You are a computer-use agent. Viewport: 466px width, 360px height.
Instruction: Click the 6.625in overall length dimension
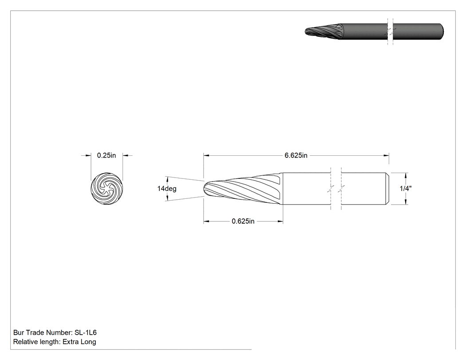(296, 155)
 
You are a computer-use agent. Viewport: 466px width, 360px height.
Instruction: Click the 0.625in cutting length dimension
(243, 221)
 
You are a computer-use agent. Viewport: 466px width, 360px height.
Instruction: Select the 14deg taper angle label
(167, 189)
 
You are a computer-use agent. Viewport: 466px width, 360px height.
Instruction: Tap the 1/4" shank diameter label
(406, 189)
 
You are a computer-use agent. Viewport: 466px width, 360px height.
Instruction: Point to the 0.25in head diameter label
(107, 155)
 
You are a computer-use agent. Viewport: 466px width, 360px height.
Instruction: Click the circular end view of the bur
(107, 189)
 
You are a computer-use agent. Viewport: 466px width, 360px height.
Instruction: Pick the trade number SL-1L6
(86, 332)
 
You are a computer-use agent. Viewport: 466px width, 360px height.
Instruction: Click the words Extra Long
(79, 341)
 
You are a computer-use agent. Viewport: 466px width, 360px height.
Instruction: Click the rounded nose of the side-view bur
(206, 189)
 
